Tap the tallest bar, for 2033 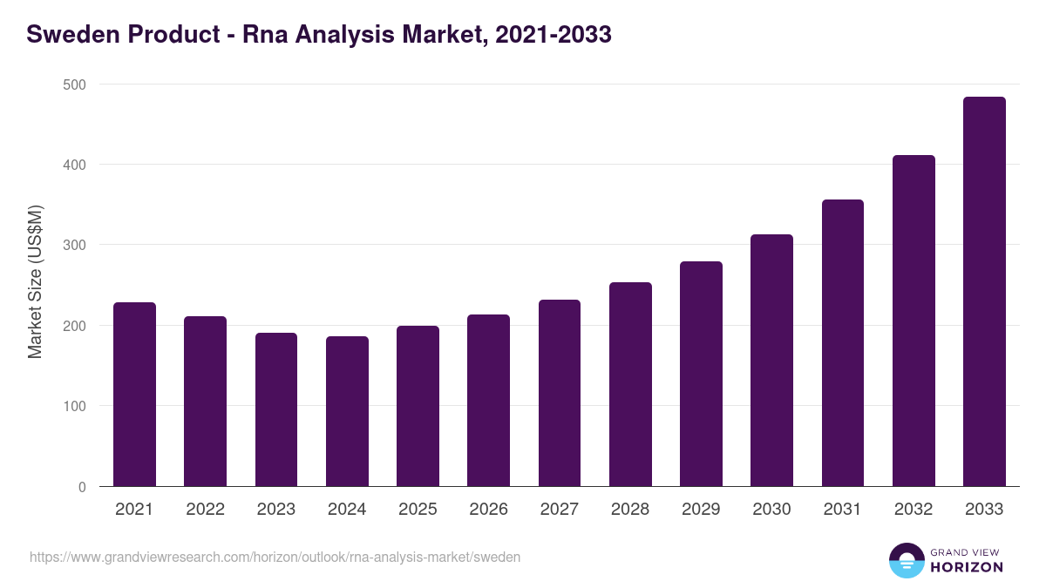click(x=984, y=292)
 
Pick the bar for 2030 click(x=771, y=361)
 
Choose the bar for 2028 click(x=630, y=384)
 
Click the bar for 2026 click(x=488, y=401)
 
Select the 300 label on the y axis click(x=75, y=246)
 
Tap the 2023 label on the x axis click(x=276, y=510)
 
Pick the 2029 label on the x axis click(x=701, y=510)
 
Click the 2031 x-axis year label click(x=843, y=510)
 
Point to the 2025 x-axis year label click(x=418, y=510)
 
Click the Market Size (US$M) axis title click(x=35, y=281)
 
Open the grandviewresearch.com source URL click(x=275, y=557)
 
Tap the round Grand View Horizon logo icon click(x=906, y=560)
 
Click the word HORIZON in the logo click(x=967, y=567)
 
